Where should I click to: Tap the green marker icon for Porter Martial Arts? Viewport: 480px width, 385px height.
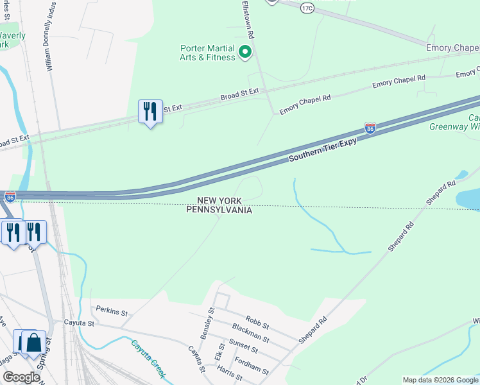(244, 52)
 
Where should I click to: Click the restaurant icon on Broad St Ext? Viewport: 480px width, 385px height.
(151, 112)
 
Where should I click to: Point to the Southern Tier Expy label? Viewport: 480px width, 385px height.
(322, 150)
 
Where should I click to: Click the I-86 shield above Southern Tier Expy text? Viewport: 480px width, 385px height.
(370, 128)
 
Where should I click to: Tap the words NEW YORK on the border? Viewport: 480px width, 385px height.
(219, 201)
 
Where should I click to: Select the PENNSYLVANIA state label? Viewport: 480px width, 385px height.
(219, 210)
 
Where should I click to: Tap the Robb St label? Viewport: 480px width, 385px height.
(257, 319)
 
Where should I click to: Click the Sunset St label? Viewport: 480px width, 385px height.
(244, 350)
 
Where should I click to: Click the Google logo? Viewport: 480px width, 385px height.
(21, 377)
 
